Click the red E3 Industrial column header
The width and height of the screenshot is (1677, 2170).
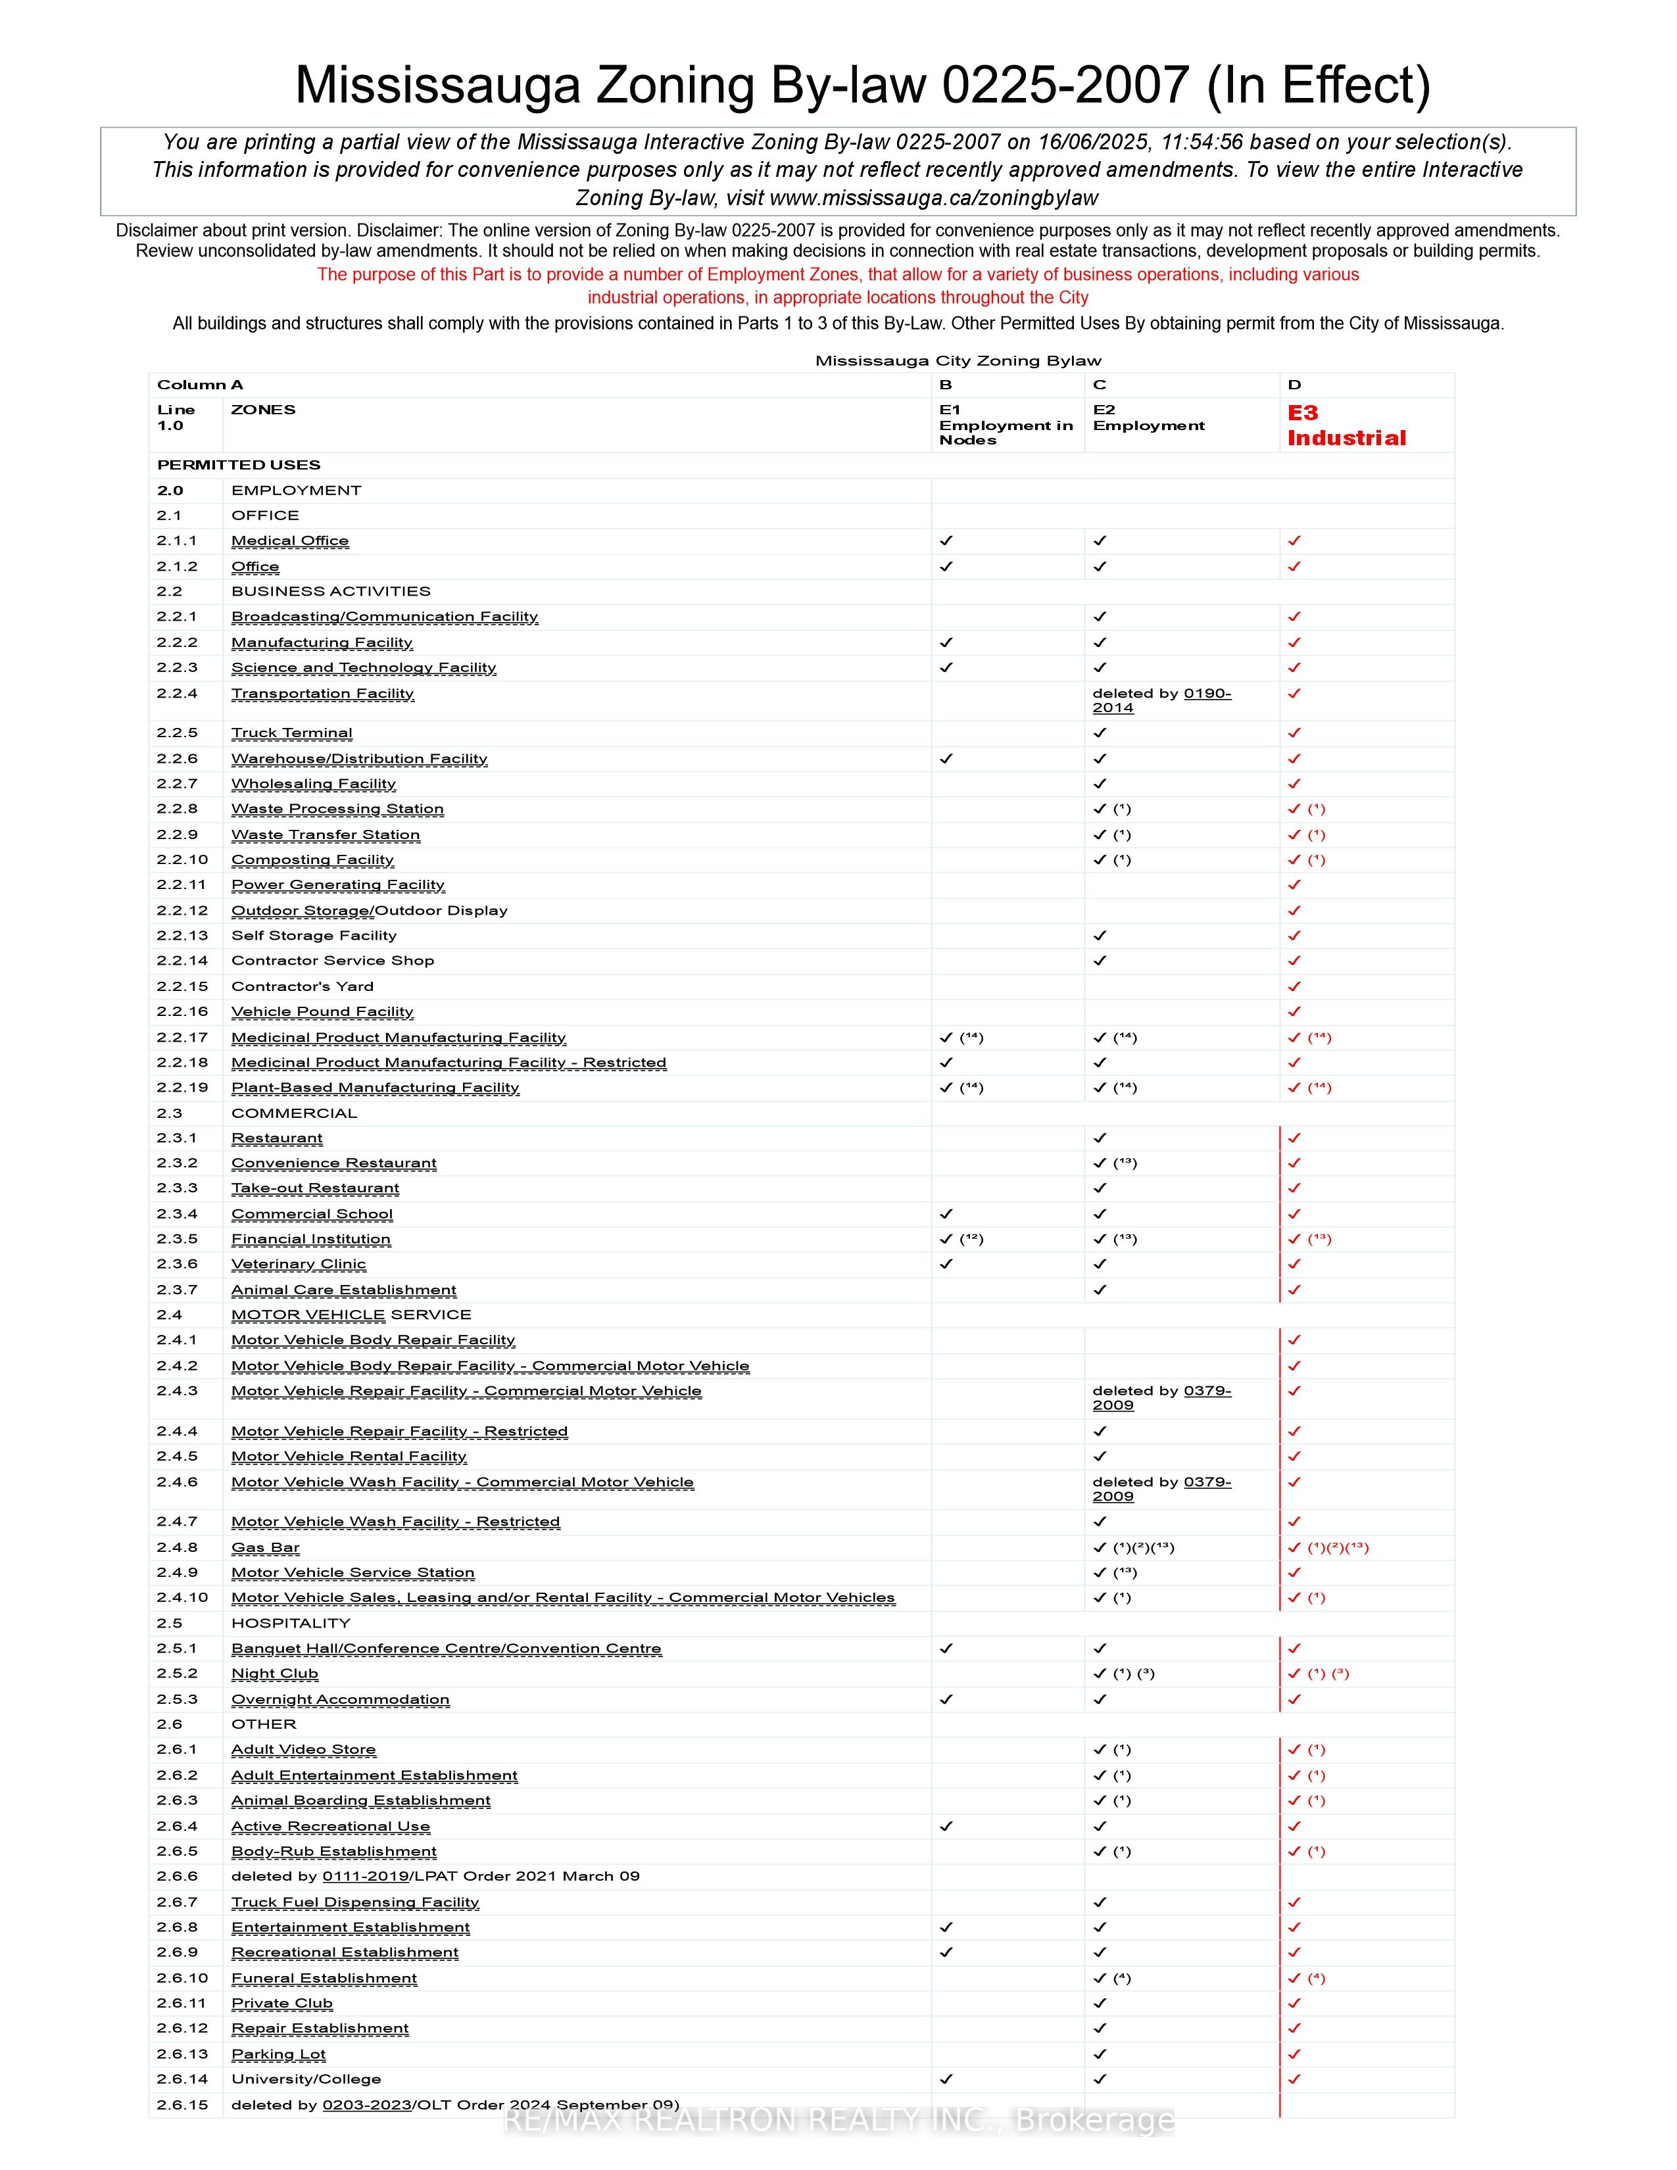click(1346, 425)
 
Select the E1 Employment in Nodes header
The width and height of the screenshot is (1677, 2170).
click(1006, 425)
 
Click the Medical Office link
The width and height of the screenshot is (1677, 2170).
click(290, 541)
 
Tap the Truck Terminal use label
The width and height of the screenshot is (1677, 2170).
click(291, 733)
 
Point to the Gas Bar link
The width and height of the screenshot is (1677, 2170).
click(265, 1548)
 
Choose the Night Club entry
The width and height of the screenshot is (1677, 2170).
click(274, 1674)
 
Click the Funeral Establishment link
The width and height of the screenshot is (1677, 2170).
click(324, 1978)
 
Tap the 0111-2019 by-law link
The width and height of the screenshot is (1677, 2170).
click(366, 1877)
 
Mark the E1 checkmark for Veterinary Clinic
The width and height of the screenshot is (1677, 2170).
click(946, 1265)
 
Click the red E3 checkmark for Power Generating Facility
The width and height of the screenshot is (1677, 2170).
click(1294, 885)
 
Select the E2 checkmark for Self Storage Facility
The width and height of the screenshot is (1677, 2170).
click(1100, 936)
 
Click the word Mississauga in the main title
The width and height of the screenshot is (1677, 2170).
click(437, 85)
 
